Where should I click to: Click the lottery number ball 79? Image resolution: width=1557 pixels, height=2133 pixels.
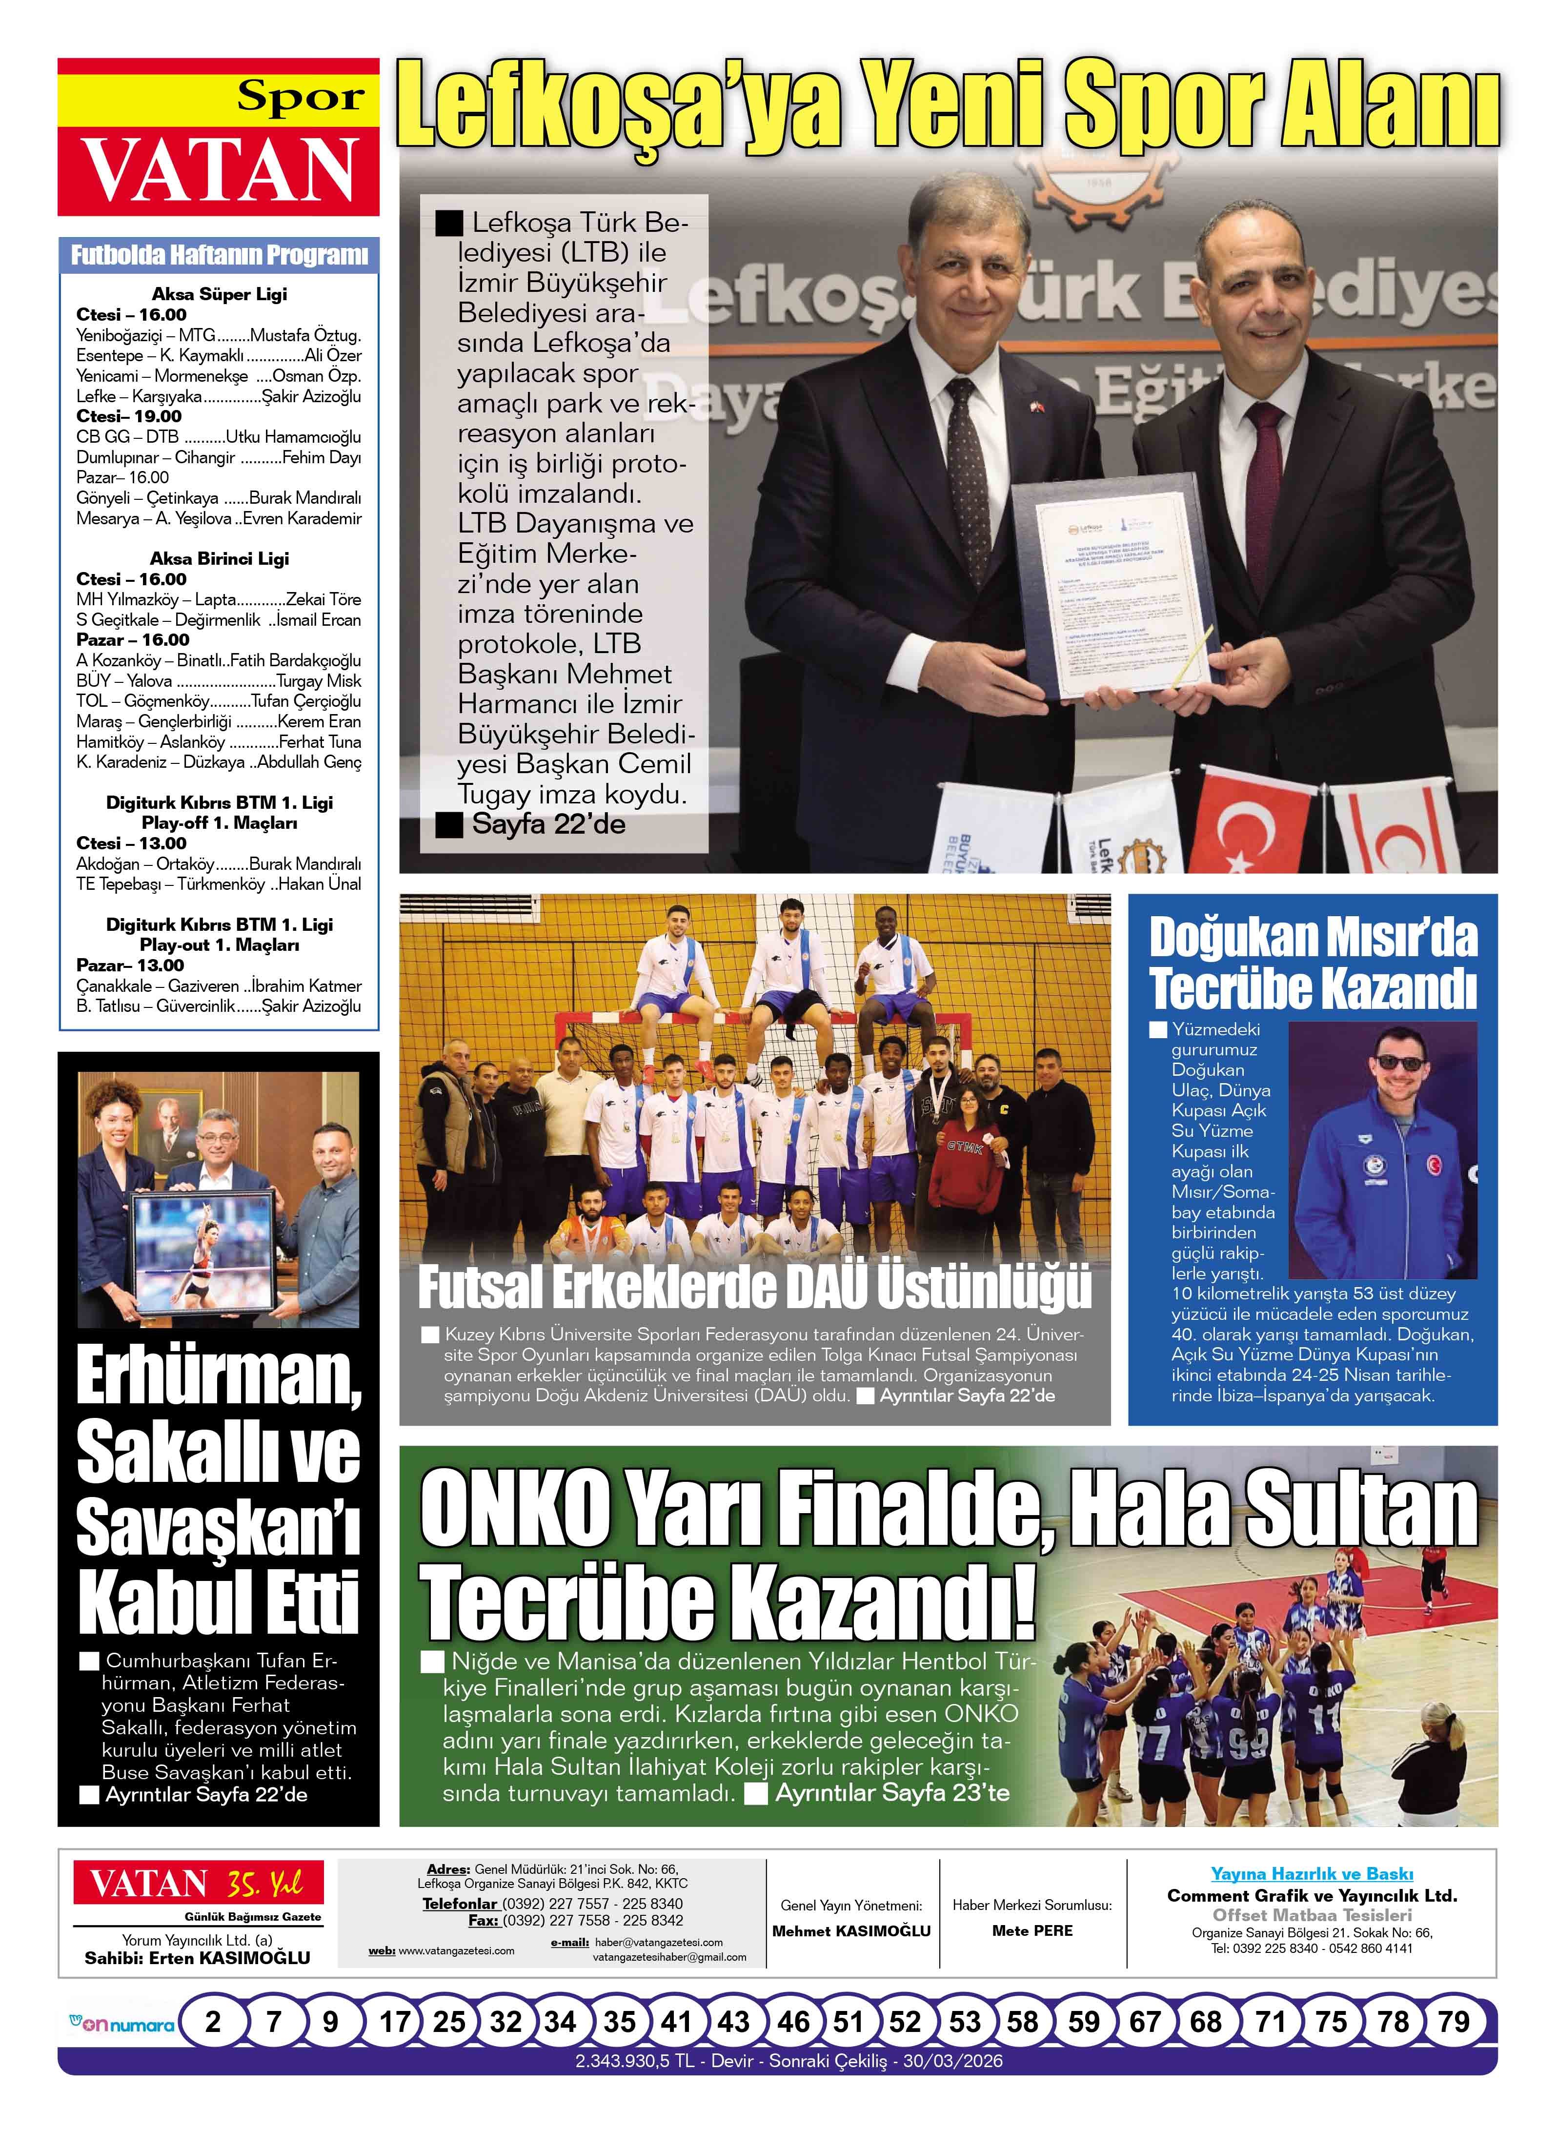tap(1453, 2022)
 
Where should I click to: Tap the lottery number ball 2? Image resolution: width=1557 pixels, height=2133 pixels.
tap(213, 2022)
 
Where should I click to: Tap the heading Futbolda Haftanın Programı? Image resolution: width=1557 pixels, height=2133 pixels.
tap(219, 254)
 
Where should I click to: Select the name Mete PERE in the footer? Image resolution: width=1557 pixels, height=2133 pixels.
tap(1032, 1930)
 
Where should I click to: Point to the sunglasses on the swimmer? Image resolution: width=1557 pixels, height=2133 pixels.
tap(1399, 1063)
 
